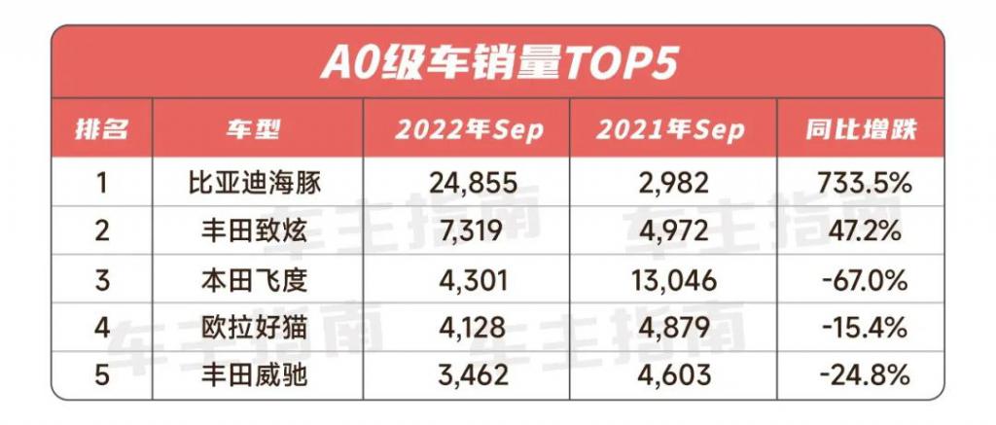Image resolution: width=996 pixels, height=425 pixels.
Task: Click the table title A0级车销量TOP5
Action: click(x=498, y=63)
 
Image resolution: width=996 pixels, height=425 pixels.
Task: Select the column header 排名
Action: click(x=102, y=131)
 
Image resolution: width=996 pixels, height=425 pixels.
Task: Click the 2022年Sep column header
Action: click(x=468, y=131)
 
